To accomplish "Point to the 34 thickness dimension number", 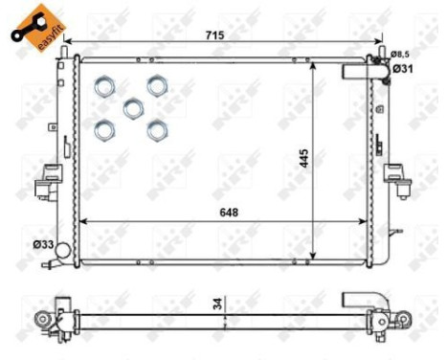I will [x=217, y=303].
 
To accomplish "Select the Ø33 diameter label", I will [x=43, y=244].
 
